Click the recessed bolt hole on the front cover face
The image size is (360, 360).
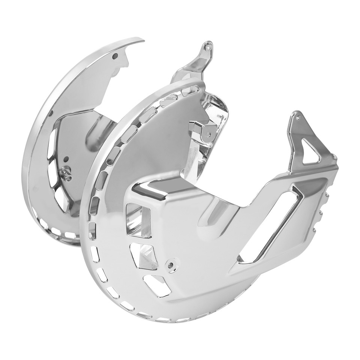[x=172, y=265]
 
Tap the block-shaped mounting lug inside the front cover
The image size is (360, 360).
[x=202, y=127]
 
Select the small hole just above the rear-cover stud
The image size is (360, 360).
[x=66, y=159]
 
